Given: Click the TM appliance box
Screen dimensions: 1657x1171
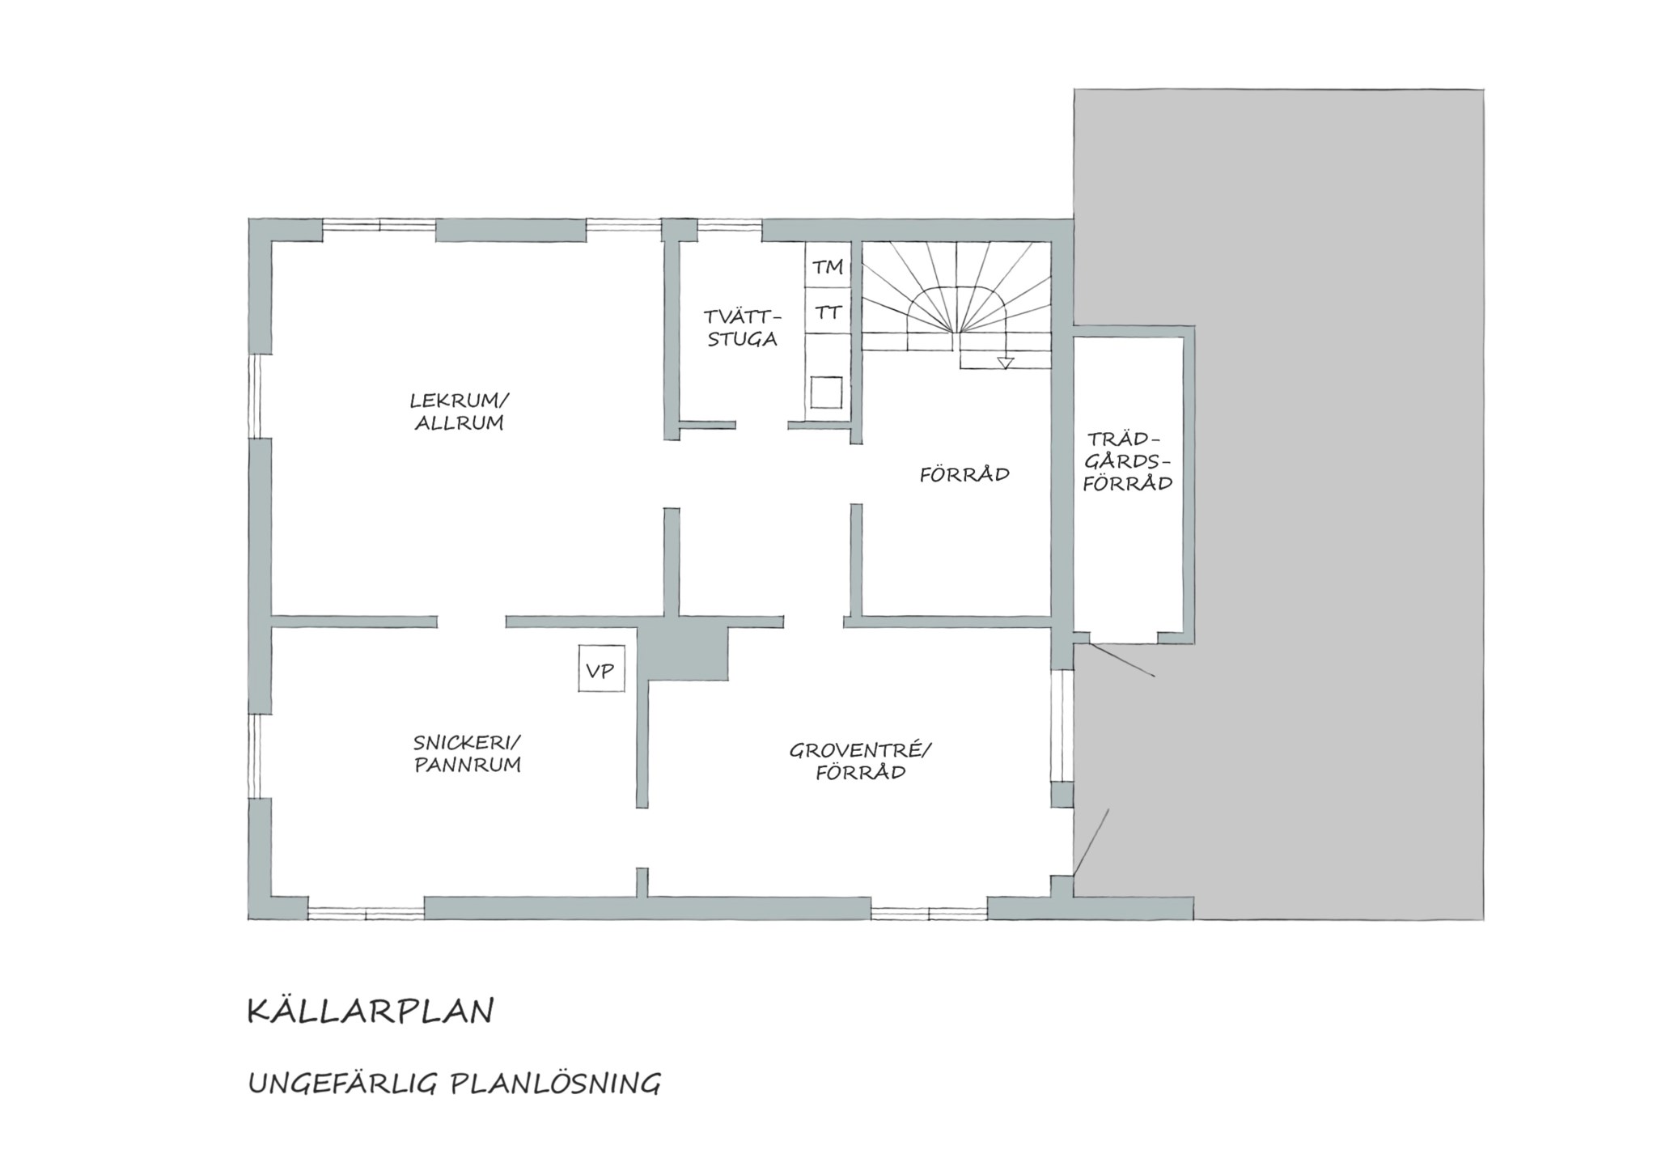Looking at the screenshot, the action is (x=828, y=265).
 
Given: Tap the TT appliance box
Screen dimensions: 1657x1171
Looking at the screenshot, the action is (x=828, y=312).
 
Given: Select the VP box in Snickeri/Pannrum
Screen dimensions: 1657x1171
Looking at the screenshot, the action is (x=601, y=668).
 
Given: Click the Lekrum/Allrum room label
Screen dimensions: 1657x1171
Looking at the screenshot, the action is (x=460, y=411).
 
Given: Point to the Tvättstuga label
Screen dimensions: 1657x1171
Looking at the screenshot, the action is (x=743, y=328).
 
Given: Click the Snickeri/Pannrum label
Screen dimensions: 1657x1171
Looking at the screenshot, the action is (x=468, y=753).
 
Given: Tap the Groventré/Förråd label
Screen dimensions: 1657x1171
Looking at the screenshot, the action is (x=861, y=761).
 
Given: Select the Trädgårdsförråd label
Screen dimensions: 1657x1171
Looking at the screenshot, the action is (x=1128, y=461).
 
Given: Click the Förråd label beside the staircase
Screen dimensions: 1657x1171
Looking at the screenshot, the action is (x=964, y=474).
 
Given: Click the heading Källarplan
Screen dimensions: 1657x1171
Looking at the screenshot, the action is (x=371, y=1011).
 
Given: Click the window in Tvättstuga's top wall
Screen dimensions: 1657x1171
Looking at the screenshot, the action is (x=729, y=226).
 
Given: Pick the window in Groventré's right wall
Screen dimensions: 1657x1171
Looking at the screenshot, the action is (x=1062, y=725).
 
